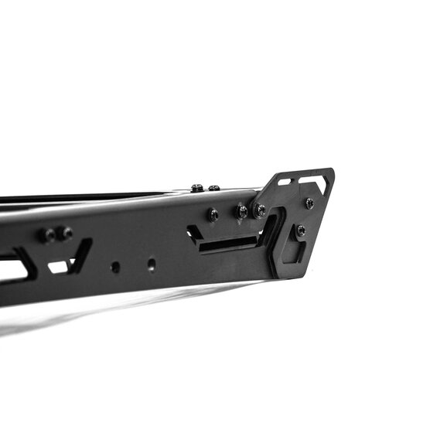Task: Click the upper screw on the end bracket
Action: (x=309, y=203)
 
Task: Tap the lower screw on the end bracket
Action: (x=301, y=230)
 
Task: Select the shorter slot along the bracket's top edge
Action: (x=285, y=183)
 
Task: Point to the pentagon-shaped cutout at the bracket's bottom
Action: (x=294, y=251)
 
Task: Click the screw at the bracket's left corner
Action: (x=260, y=210)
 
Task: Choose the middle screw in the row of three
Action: (x=242, y=211)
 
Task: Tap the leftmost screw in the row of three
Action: (x=212, y=215)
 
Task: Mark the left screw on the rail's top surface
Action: (x=197, y=188)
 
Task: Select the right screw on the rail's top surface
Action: (x=214, y=188)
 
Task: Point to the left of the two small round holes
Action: (x=115, y=267)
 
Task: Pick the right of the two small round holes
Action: (x=151, y=264)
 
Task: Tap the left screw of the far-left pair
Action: (x=51, y=234)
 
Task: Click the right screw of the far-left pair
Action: (x=67, y=232)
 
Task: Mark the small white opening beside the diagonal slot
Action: (x=58, y=267)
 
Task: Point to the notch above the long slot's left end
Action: (x=193, y=231)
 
